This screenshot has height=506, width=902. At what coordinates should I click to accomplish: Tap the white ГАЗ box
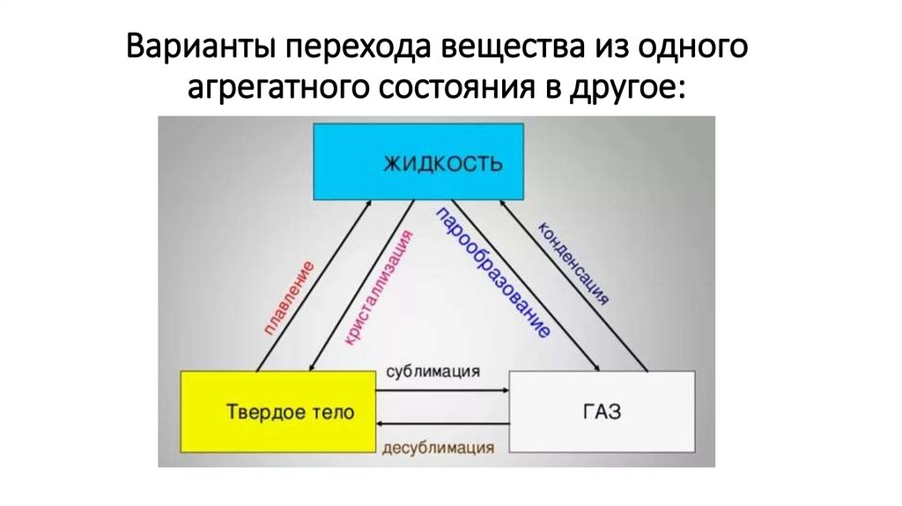[602, 412]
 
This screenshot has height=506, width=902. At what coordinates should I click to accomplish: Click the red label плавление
[290, 301]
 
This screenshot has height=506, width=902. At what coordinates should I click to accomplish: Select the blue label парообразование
[493, 274]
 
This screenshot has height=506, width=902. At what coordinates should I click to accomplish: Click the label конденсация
[573, 264]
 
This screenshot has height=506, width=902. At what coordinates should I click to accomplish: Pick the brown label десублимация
[438, 447]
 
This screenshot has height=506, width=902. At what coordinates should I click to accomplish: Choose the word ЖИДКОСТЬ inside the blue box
[443, 164]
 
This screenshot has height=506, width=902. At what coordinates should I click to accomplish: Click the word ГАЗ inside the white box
[602, 412]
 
